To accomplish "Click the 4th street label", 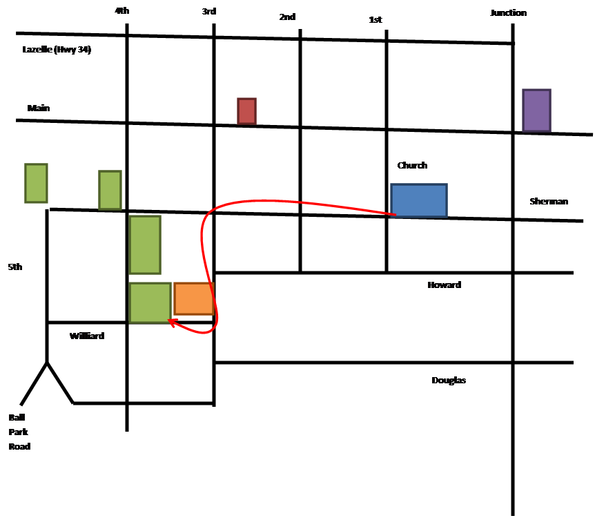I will click(121, 11).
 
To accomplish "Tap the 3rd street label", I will click(208, 12).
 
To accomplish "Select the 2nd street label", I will click(287, 17).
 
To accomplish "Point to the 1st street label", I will click(375, 19).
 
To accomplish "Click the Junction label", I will click(509, 13).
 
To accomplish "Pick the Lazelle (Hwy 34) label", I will click(57, 49).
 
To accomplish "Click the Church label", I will click(413, 166).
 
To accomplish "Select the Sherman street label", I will click(549, 202).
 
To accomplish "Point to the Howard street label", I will click(445, 285).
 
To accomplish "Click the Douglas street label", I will click(449, 381).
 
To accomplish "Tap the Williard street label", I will click(87, 336).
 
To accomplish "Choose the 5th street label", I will click(15, 267).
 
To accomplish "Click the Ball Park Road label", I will click(20, 432).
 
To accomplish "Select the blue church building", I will click(419, 200).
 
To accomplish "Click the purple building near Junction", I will click(536, 110).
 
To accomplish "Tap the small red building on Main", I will click(246, 111).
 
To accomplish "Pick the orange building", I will click(194, 298).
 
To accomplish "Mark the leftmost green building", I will click(36, 183).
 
